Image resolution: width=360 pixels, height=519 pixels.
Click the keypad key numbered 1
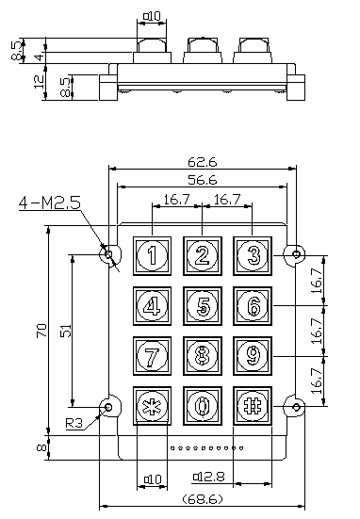(x=152, y=255)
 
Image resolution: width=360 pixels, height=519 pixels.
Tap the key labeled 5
(x=203, y=306)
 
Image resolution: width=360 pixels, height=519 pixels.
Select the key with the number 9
(x=253, y=356)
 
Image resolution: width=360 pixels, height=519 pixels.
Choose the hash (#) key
(x=253, y=406)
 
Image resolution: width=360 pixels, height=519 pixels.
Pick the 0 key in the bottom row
(x=203, y=406)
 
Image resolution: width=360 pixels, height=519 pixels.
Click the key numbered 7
(x=152, y=356)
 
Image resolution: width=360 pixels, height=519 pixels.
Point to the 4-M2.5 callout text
(x=50, y=203)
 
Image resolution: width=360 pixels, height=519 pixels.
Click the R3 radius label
(x=74, y=423)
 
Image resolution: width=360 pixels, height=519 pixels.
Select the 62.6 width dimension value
(x=203, y=162)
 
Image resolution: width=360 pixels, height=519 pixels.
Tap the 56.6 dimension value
(x=203, y=180)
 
